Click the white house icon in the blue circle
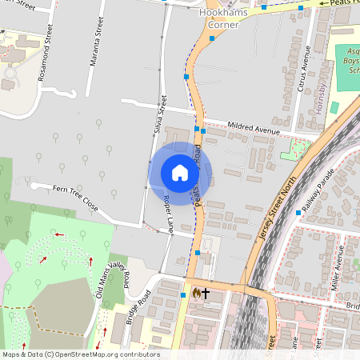pos(180,173)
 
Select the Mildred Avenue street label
pos(254,128)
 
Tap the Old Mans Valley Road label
pos(113,279)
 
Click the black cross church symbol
pos(205,294)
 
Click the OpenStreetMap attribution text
pos(81,354)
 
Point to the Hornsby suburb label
pos(321,98)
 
